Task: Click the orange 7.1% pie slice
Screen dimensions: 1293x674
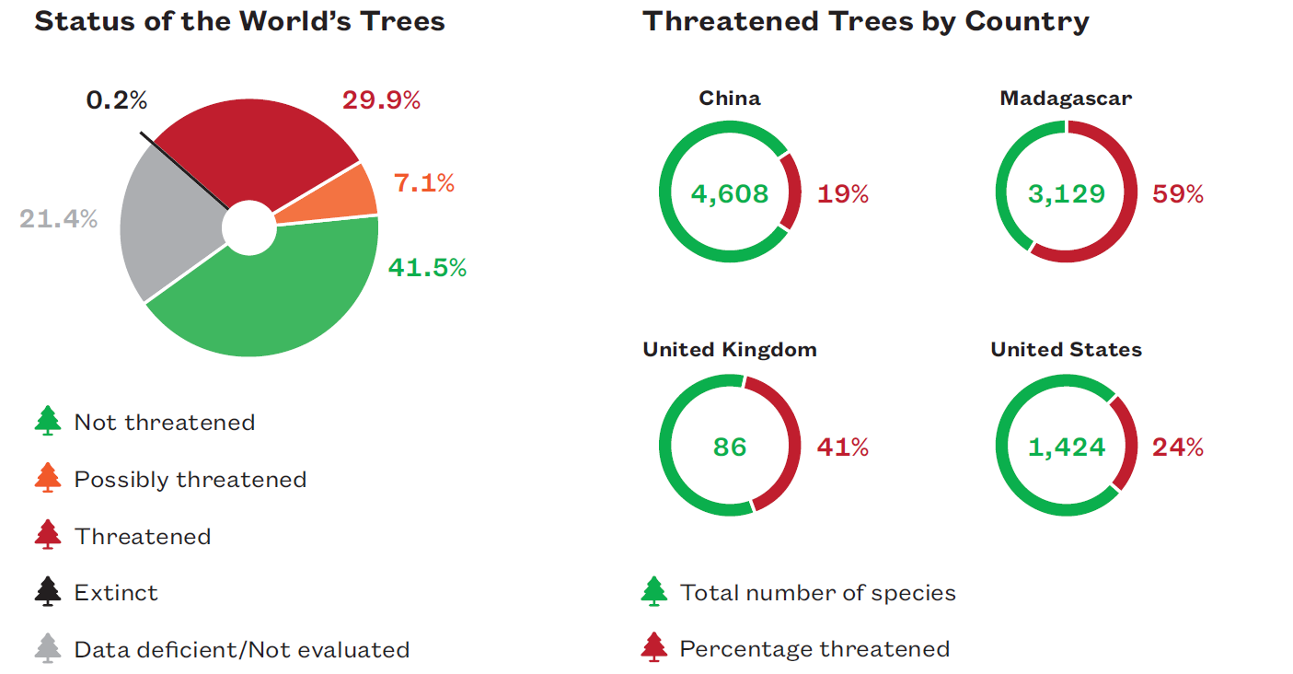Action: point(335,196)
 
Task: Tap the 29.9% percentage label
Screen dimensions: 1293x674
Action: point(381,100)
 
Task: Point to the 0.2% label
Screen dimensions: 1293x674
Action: point(117,100)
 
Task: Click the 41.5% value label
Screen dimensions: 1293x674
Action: point(427,268)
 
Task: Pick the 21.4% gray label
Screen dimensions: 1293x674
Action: point(58,219)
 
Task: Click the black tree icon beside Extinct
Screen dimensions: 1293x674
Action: point(47,591)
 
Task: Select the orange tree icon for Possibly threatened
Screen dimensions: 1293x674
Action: point(47,478)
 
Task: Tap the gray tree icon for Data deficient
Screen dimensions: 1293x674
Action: point(47,648)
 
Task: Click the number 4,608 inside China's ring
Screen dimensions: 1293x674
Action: point(730,194)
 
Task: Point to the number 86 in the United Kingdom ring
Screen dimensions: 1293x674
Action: point(730,447)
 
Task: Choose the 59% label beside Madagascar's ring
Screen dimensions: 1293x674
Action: point(1178,194)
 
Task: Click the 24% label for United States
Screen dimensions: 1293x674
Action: point(1178,447)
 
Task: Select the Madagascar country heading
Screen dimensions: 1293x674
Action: point(1066,99)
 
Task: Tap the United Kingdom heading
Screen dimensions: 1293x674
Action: point(730,350)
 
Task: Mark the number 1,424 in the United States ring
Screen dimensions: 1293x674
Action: point(1066,447)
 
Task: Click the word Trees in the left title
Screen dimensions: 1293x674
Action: point(402,21)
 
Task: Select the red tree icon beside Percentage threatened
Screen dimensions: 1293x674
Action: point(654,647)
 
